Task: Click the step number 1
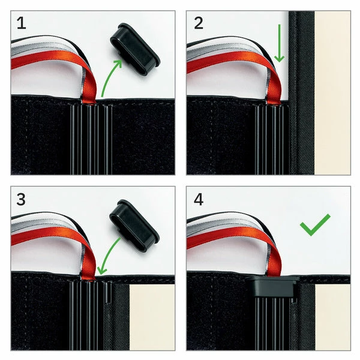point(22,23)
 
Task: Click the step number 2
point(199,23)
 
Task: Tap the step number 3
point(21,200)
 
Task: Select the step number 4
point(199,200)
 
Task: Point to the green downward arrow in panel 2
point(279,43)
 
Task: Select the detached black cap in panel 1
point(135,49)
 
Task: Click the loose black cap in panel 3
point(134,226)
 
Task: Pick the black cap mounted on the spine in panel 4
point(272,286)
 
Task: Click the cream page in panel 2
point(332,93)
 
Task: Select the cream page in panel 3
point(152,317)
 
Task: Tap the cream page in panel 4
point(332,317)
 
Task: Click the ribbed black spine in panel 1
point(91,139)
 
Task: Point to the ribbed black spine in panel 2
point(272,139)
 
